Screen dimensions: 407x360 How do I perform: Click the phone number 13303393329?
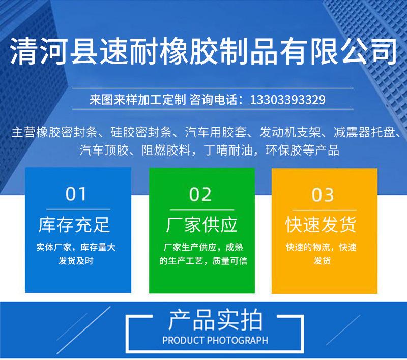click(287, 99)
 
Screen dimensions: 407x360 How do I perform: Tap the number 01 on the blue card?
click(75, 194)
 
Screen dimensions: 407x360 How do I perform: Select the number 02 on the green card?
click(200, 195)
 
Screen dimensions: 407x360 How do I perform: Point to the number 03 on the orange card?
click(323, 195)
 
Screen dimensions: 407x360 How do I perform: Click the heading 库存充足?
click(74, 225)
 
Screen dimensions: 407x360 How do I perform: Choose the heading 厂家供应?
click(201, 225)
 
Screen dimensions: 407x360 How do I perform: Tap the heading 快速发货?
click(321, 225)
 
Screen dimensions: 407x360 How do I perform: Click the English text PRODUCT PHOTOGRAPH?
click(215, 340)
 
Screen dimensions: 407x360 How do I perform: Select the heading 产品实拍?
click(215, 320)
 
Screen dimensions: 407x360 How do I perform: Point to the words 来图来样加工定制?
click(137, 99)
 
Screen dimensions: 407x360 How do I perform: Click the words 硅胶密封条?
click(141, 132)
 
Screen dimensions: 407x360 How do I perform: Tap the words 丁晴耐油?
click(228, 150)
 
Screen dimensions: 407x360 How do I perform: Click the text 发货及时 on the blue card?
click(76, 261)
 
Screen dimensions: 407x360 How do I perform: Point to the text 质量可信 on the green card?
click(229, 261)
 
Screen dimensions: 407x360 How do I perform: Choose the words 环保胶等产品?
click(302, 150)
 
